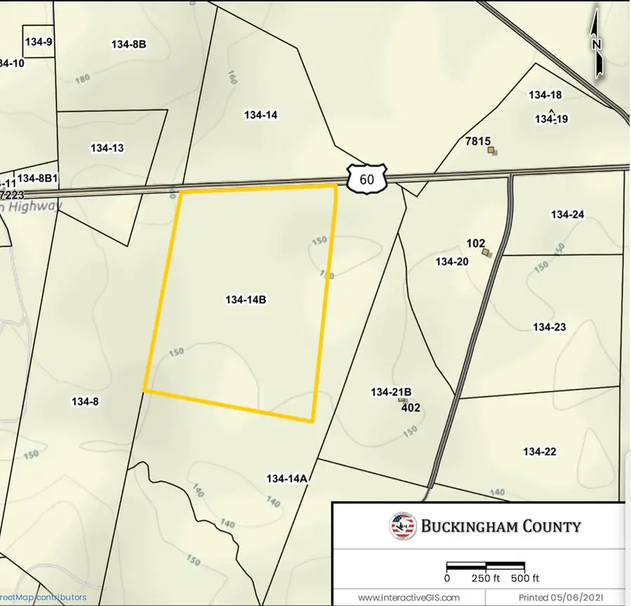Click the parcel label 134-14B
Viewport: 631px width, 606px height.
pyautogui.click(x=245, y=299)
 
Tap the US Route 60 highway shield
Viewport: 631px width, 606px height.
pyautogui.click(x=366, y=179)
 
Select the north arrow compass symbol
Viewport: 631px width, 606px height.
pyautogui.click(x=597, y=44)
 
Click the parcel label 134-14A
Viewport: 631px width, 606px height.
pyautogui.click(x=287, y=479)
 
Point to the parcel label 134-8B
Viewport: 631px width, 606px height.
pyautogui.click(x=128, y=44)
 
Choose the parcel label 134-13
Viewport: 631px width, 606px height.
pyautogui.click(x=107, y=148)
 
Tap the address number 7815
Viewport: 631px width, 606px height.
pyautogui.click(x=477, y=141)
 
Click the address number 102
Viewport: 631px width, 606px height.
pyautogui.click(x=475, y=243)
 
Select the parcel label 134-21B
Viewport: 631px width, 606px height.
pyautogui.click(x=391, y=391)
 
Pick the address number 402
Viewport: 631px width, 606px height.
pyautogui.click(x=410, y=407)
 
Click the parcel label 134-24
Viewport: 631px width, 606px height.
pyautogui.click(x=567, y=215)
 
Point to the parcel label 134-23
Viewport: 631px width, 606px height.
pyautogui.click(x=549, y=327)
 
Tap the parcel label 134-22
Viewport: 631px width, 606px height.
pyautogui.click(x=539, y=452)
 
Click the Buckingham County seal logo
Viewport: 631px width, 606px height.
pyautogui.click(x=402, y=526)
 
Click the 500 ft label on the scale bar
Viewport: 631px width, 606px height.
pyautogui.click(x=525, y=579)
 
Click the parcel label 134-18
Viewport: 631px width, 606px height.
pyautogui.click(x=545, y=95)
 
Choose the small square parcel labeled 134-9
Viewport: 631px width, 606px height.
pyautogui.click(x=38, y=42)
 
